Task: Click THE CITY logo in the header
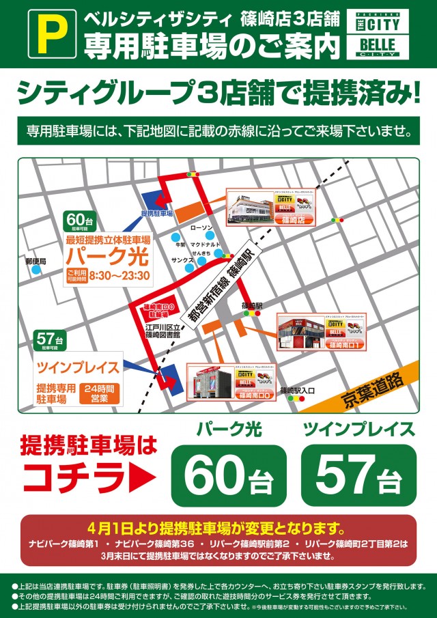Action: click(x=378, y=23)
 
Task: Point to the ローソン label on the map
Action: click(x=201, y=227)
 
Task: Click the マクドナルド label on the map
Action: click(x=205, y=243)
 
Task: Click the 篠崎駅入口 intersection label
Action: click(x=297, y=391)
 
